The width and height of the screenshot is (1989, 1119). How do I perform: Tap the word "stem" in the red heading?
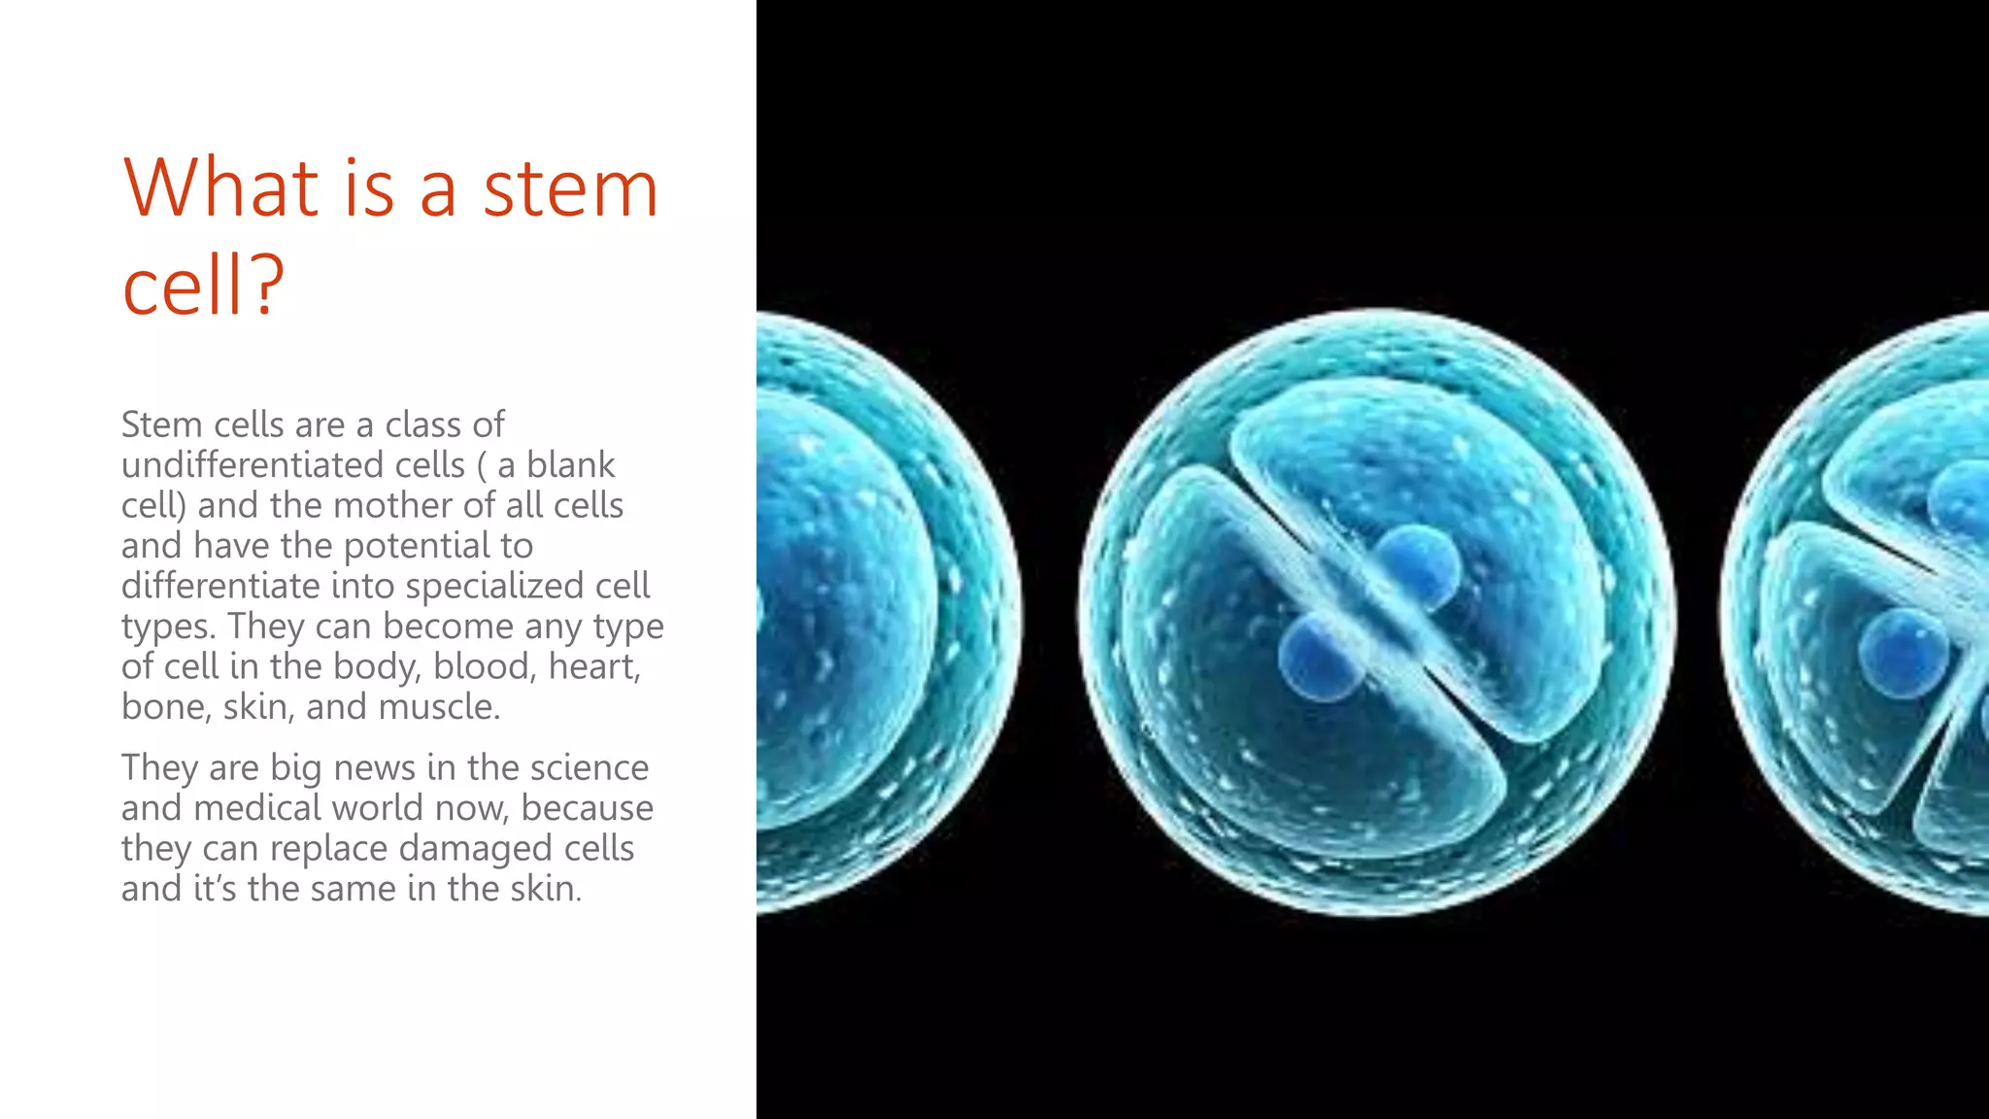coord(570,189)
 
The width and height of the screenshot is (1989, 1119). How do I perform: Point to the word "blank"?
coord(570,465)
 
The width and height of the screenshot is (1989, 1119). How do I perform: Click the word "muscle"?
coord(439,707)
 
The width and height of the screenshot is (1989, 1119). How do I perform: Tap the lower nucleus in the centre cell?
coord(1321,659)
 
